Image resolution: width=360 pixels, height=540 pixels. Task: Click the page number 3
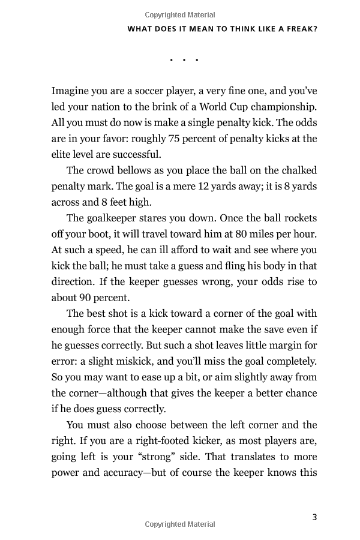(x=314, y=501)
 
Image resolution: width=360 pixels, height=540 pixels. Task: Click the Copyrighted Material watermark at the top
(x=180, y=14)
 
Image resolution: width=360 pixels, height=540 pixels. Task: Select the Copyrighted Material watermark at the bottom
(x=180, y=524)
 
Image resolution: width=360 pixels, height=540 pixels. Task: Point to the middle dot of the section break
(x=184, y=60)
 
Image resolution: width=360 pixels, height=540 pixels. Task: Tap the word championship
(x=280, y=107)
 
